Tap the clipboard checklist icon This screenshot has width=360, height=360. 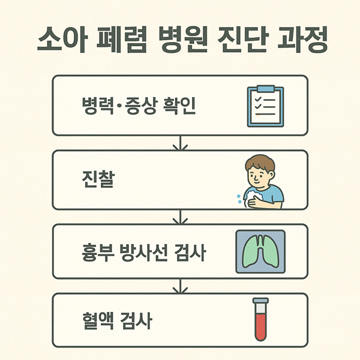[265, 106]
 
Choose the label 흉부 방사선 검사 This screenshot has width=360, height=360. [143, 253]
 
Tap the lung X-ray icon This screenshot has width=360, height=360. [260, 251]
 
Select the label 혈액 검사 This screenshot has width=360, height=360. [116, 322]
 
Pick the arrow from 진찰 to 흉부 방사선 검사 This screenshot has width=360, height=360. [180, 217]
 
